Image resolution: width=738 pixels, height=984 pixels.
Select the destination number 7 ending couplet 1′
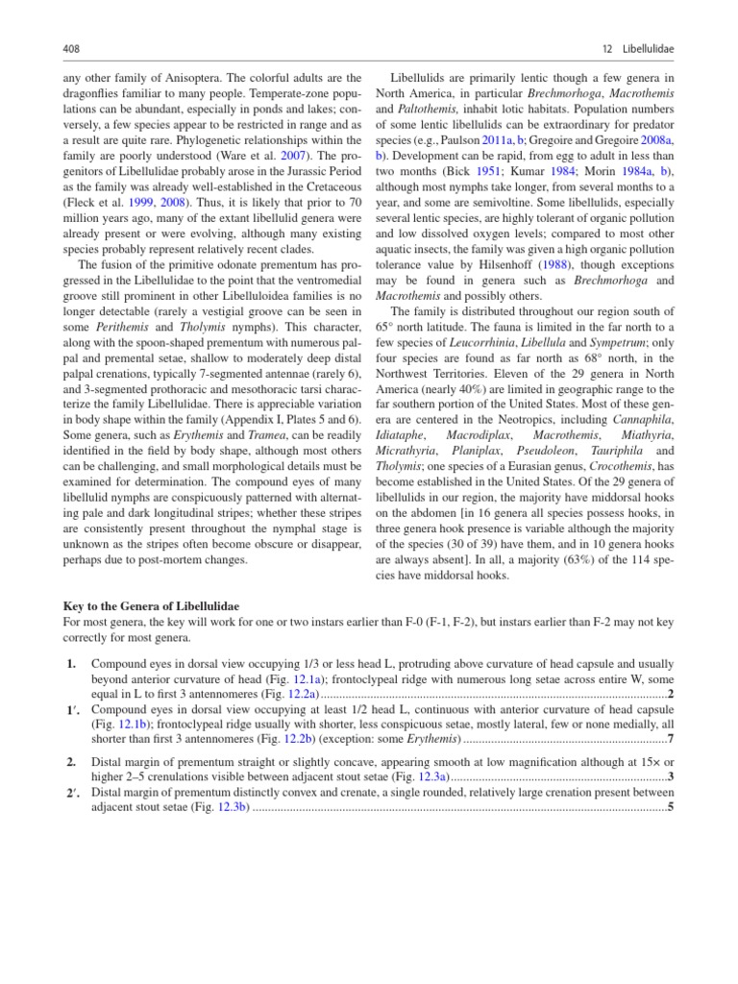click(x=670, y=741)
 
